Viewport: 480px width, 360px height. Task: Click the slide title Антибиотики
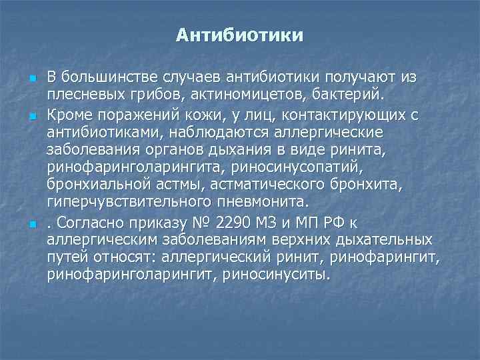click(x=240, y=35)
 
